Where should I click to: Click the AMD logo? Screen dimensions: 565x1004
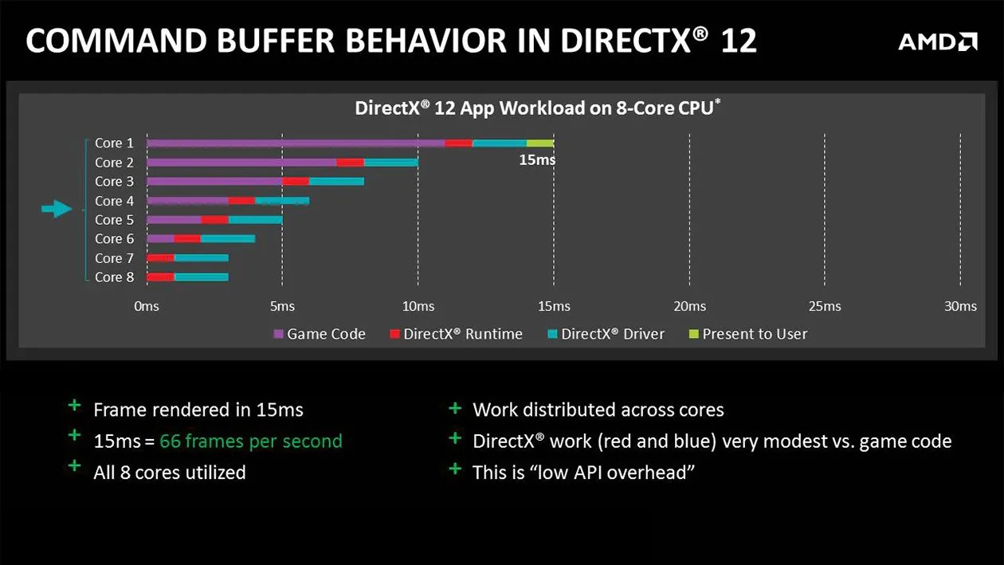(938, 41)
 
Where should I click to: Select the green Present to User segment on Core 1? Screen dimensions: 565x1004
(539, 143)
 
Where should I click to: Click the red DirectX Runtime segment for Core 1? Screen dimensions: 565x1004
(458, 143)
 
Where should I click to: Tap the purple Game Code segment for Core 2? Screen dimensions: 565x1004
(241, 163)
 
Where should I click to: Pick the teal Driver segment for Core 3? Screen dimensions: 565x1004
(336, 182)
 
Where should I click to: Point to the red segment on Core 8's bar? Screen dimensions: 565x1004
(160, 277)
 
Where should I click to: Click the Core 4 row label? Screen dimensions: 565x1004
(114, 201)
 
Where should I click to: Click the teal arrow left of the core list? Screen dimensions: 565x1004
(57, 210)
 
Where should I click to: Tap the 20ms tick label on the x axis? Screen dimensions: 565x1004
(689, 307)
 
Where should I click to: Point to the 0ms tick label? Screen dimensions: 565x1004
(147, 307)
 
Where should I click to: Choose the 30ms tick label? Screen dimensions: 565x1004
(960, 307)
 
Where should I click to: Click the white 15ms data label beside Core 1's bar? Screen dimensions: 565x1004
(536, 160)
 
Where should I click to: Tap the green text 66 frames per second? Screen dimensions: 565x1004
(250, 441)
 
